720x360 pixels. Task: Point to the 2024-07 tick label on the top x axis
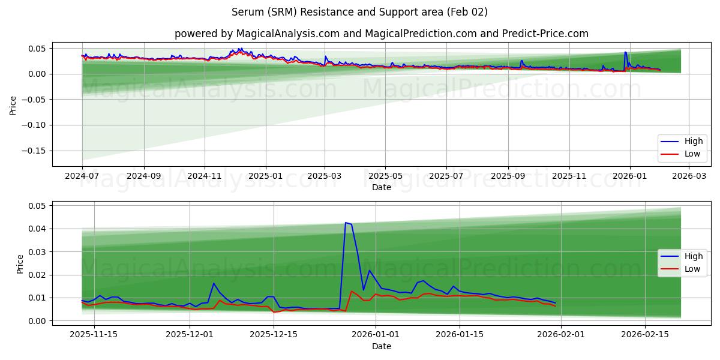pyautogui.click(x=82, y=176)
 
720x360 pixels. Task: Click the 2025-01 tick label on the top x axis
pyautogui.click(x=265, y=176)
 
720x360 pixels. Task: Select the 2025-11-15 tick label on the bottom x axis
pyautogui.click(x=93, y=335)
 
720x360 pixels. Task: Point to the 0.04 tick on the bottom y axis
pyautogui.click(x=37, y=229)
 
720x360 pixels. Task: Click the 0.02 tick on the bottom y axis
pyautogui.click(x=37, y=275)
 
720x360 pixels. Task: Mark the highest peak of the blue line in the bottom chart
pyautogui.click(x=346, y=223)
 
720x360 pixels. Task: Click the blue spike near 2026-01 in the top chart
pyautogui.click(x=625, y=52)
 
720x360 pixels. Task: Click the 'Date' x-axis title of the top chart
pyautogui.click(x=382, y=187)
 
